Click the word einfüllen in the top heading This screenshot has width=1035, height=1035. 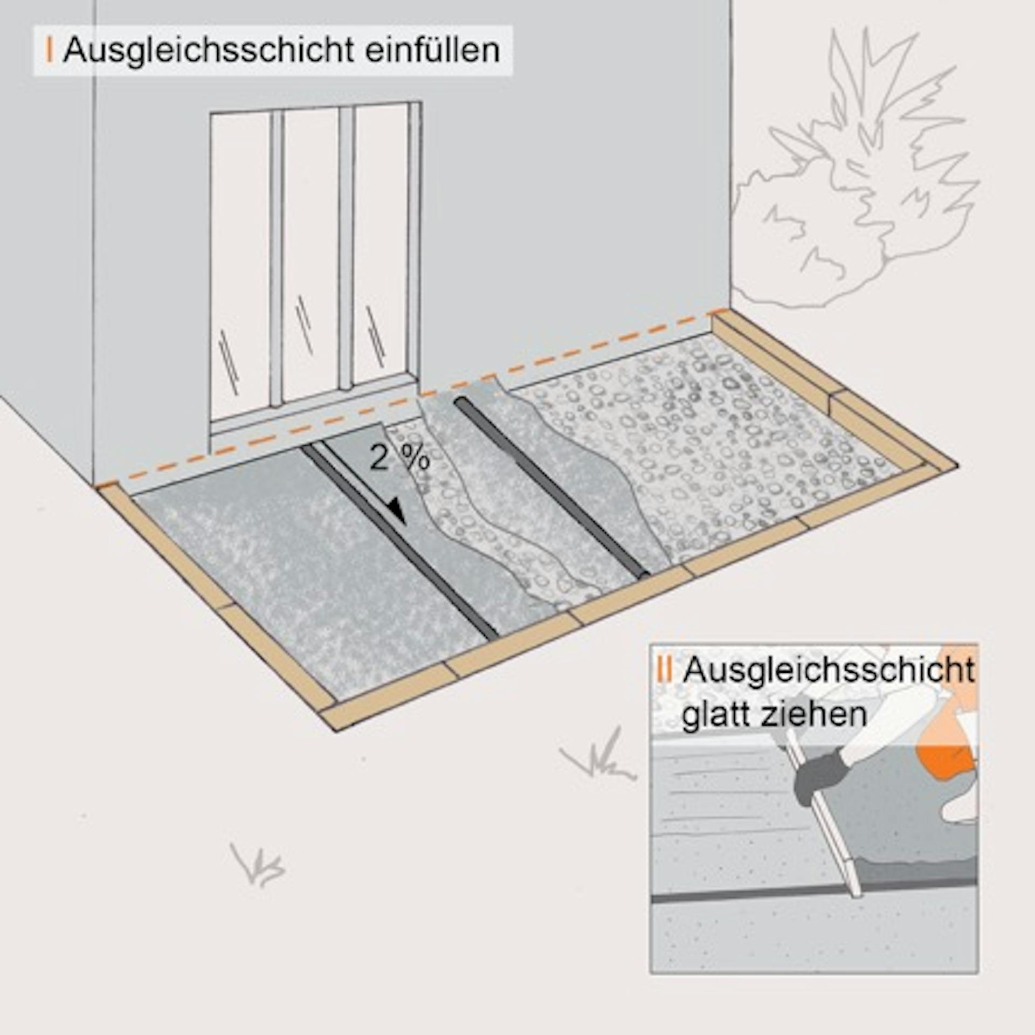click(x=432, y=50)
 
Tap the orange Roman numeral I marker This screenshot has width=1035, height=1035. click(x=50, y=50)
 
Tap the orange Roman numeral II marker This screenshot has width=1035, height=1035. click(x=665, y=670)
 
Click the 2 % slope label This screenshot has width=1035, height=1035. click(x=399, y=459)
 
